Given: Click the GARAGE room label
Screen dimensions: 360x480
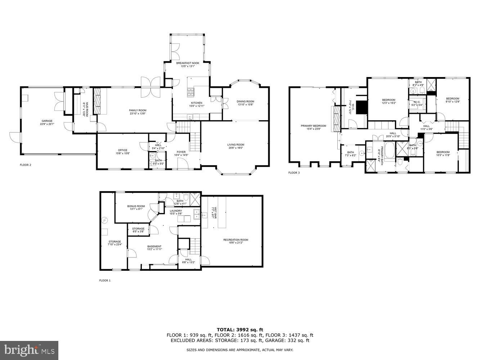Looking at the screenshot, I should coord(47,121).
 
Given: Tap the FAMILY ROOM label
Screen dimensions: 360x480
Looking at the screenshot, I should coord(138,111).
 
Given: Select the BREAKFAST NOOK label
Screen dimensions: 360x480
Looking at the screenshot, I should coord(187,63).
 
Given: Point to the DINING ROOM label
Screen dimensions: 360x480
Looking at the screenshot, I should coord(245,102).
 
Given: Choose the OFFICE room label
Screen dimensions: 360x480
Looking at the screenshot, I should coord(123,150).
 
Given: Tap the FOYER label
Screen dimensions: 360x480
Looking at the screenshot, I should coord(181,152).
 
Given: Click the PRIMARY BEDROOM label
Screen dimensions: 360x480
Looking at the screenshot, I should coord(313,126).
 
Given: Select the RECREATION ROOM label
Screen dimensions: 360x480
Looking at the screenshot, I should coord(235,240).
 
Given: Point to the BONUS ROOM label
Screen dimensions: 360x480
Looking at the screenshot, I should coord(136,206).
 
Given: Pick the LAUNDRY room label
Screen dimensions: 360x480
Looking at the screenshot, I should coord(176,211).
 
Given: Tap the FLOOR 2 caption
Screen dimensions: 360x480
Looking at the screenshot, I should coord(25,165).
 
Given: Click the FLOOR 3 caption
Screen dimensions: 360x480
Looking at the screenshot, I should coord(293,172).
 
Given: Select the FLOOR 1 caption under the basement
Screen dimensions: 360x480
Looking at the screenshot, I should coord(105,280).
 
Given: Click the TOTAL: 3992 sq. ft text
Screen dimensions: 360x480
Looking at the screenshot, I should coord(240,329).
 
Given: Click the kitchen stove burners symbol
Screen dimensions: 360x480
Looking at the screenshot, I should coord(190,93).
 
